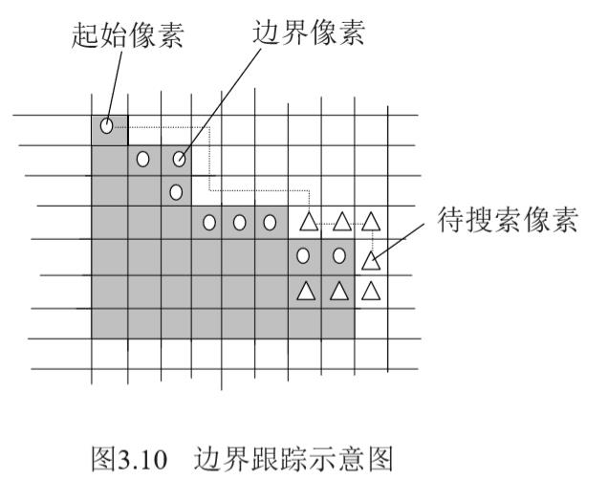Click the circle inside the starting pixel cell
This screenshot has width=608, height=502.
tap(107, 125)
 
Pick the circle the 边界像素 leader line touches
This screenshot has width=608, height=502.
tap(178, 159)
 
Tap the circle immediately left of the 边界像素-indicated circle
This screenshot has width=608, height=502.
tap(143, 159)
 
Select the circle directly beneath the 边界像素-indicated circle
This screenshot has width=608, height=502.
tap(176, 191)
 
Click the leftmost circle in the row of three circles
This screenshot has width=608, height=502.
tap(207, 224)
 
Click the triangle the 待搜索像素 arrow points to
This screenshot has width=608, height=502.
tap(370, 257)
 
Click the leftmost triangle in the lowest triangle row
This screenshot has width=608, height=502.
tap(306, 290)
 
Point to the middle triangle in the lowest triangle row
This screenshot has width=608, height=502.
tap(338, 290)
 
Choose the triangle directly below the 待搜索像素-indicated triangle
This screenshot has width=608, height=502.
tap(371, 290)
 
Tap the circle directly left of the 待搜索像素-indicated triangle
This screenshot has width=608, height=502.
tap(339, 256)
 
